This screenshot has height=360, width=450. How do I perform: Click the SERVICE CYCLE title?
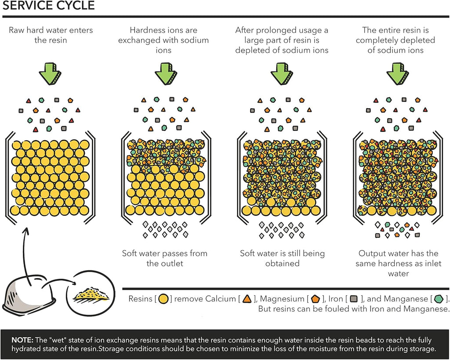[48, 6]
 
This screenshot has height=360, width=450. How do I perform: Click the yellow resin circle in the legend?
[163, 299]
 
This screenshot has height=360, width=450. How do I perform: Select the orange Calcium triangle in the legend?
[247, 299]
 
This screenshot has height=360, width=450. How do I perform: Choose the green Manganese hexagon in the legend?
[438, 299]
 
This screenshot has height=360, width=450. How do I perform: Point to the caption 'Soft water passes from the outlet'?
[165, 258]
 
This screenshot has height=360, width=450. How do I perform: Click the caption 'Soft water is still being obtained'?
[282, 258]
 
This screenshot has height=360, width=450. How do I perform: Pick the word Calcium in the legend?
[221, 299]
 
